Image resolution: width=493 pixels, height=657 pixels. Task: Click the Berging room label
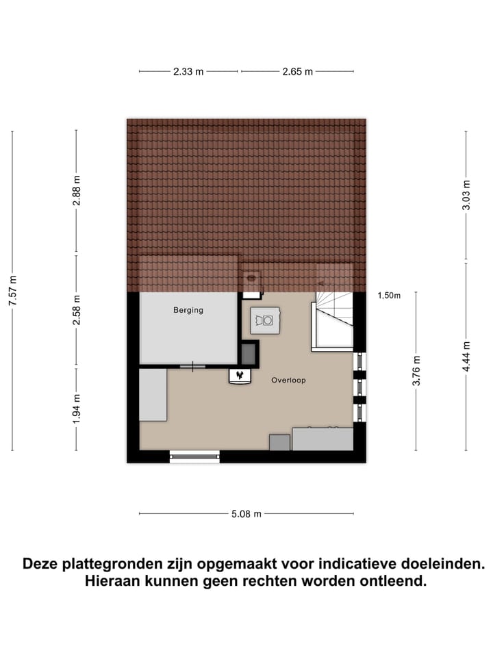pos(188,310)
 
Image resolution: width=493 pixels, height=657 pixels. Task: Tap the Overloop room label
pos(288,380)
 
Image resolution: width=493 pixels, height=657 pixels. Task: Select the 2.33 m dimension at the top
pos(188,71)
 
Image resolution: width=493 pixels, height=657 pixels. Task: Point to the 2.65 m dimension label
pos(296,71)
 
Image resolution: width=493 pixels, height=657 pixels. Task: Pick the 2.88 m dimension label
pos(77,191)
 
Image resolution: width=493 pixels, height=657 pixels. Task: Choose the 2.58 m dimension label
pos(77,309)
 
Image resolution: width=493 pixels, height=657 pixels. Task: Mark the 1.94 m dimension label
pos(77,407)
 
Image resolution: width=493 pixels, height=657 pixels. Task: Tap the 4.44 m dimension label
pos(466,356)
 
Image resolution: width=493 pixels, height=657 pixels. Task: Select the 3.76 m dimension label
pos(416,370)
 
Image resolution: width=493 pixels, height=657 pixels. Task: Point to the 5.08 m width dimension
pos(246,513)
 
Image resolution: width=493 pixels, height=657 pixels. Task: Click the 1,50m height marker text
pos(388,296)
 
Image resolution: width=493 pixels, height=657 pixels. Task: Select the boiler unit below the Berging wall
pos(239,375)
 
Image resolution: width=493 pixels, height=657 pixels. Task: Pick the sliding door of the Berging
pos(192,367)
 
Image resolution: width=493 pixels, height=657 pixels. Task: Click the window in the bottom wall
pos(194,456)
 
